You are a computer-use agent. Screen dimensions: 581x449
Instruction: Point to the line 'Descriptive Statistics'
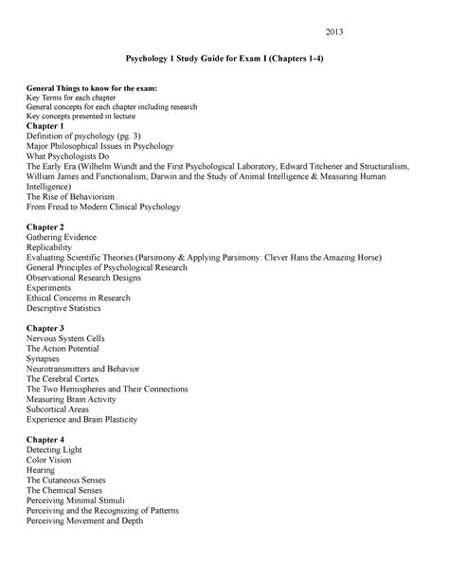71,308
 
